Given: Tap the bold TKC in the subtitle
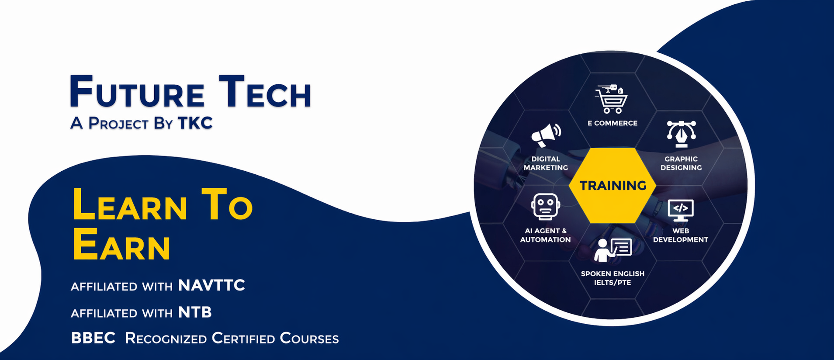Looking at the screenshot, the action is [195, 123].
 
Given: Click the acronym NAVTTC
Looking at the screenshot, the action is [211, 285].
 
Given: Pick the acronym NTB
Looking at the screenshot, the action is [195, 312].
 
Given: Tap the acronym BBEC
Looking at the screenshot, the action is [93, 338].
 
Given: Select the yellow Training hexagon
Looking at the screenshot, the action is [613, 186].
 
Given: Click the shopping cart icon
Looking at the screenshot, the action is [612, 99].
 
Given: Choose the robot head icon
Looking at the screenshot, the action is [546, 207].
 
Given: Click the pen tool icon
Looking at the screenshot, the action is [681, 134].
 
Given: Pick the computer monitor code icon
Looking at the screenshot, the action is [681, 210].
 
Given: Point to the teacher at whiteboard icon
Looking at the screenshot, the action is [613, 250].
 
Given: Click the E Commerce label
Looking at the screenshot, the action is [613, 123].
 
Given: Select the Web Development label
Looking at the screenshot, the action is [681, 235].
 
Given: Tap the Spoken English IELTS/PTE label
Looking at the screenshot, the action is [613, 278].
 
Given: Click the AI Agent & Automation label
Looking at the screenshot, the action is [545, 235].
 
